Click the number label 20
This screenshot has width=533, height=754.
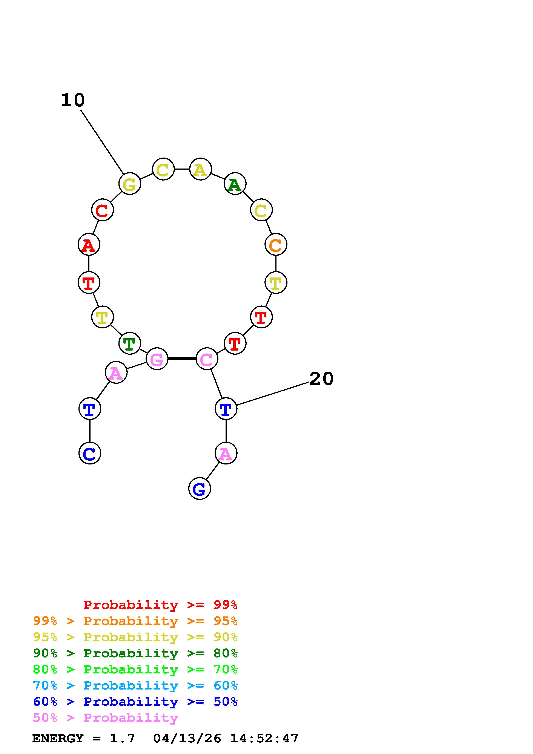[x=321, y=379]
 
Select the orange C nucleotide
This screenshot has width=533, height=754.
[x=276, y=245]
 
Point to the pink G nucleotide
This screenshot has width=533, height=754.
[x=157, y=359]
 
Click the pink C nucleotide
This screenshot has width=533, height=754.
[x=207, y=359]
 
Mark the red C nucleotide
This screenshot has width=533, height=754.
[x=103, y=210]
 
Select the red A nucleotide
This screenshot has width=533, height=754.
[x=89, y=245]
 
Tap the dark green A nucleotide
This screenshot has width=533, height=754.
[x=235, y=184]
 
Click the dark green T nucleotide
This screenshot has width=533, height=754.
[x=130, y=343]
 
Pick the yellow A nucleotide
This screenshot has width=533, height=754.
[x=200, y=169]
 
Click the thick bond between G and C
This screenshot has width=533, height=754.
[x=182, y=359]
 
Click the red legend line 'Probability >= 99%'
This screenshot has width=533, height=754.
[x=160, y=605]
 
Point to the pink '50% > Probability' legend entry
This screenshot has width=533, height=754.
[x=105, y=718]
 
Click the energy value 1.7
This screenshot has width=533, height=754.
[x=122, y=739]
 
